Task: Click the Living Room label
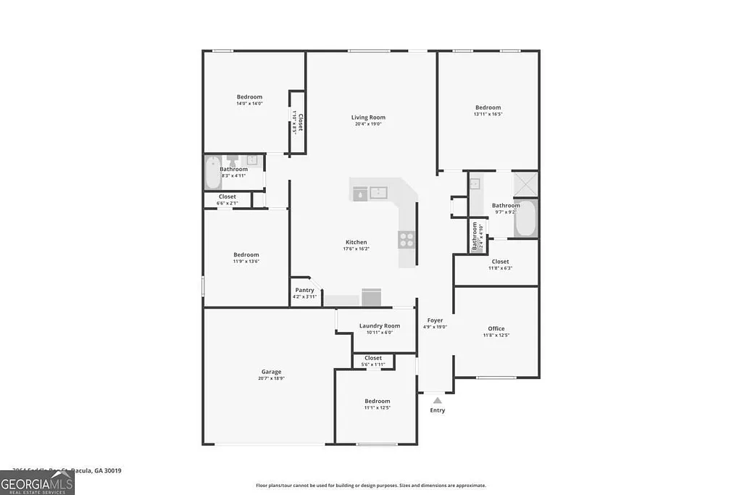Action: pos(368,117)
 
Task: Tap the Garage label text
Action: pos(271,372)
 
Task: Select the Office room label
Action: pos(496,328)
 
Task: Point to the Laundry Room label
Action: pos(380,326)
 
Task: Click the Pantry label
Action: pos(304,290)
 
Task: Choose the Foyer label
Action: pos(435,320)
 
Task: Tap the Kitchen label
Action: pos(356,242)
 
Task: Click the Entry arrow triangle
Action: pos(437,399)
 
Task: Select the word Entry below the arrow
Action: pos(438,410)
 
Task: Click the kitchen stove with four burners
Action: pos(407,238)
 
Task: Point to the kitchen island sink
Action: pos(379,193)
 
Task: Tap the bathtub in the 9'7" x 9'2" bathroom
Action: pos(525,218)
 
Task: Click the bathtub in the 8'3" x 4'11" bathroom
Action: pos(212,172)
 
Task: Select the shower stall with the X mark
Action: pos(525,184)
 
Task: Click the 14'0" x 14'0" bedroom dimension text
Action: pos(249,104)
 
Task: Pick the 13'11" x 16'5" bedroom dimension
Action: pos(488,114)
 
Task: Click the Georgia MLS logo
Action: pos(37,483)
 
